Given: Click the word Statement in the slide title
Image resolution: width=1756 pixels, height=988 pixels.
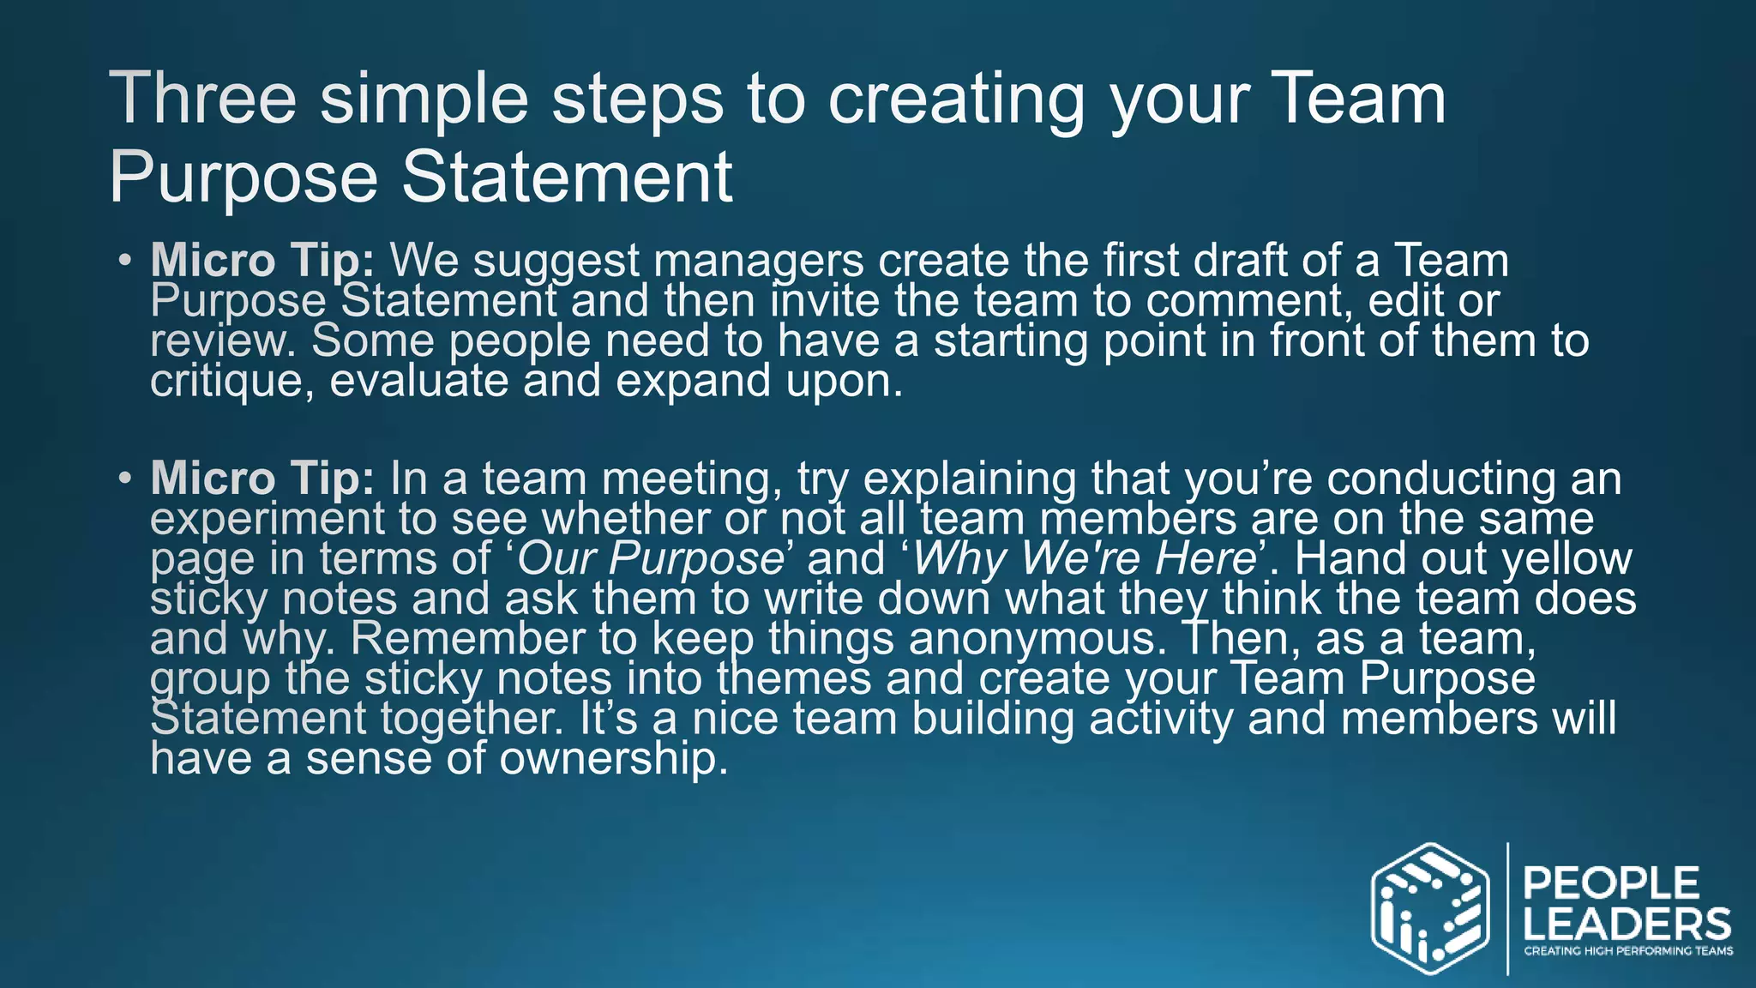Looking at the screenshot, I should click(567, 178).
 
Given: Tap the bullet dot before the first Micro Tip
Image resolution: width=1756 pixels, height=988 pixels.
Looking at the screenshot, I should click(125, 259).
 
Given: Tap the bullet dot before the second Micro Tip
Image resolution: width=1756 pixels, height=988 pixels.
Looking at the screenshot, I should click(125, 477).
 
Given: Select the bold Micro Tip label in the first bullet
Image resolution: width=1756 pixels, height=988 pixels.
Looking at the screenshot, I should click(262, 261).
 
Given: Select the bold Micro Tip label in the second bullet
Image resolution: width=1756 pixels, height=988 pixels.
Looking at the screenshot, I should click(262, 479).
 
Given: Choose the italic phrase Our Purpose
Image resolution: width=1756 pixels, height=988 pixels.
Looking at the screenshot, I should click(651, 559).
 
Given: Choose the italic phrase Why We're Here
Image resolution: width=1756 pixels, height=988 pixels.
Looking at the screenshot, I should click(1084, 559).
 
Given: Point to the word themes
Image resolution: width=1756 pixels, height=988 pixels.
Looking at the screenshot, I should click(794, 678).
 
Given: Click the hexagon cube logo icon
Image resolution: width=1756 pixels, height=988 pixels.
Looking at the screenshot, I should click(1429, 909).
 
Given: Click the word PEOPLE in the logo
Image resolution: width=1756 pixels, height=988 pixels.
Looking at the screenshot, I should click(1611, 883).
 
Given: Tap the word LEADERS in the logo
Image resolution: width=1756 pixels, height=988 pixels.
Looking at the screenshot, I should click(1627, 925).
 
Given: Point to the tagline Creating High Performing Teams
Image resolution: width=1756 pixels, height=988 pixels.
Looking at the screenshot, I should click(1627, 951).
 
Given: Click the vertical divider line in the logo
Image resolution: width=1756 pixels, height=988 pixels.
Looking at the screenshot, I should click(1507, 909).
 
